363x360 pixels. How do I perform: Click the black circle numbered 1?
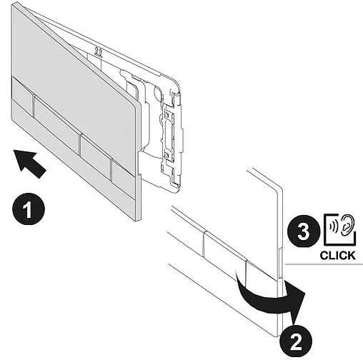[x=29, y=209]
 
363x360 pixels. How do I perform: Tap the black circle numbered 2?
[x=296, y=343]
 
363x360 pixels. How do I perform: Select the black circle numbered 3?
[x=304, y=231]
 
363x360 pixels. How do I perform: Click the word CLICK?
[x=337, y=256]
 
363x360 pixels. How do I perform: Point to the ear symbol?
[x=347, y=226]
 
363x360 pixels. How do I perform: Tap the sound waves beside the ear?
[x=334, y=226]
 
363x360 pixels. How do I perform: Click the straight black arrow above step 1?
[x=29, y=163]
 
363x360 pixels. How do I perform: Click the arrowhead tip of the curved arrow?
[x=294, y=325]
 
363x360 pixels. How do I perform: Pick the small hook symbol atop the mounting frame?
[x=99, y=51]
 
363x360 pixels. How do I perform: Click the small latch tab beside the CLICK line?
[x=280, y=264]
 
